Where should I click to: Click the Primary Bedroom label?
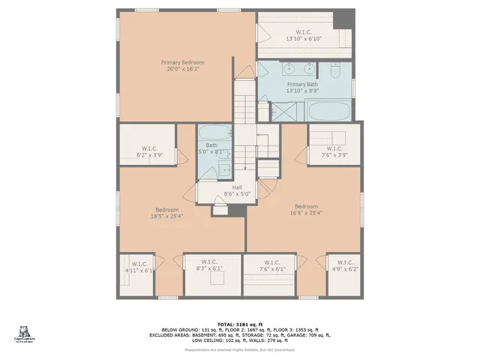182,62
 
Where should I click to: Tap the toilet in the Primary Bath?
335,71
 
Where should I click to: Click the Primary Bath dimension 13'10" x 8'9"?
302,91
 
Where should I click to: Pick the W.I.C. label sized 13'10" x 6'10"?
303,38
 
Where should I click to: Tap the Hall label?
237,187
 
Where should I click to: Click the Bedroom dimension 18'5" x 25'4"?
166,216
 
